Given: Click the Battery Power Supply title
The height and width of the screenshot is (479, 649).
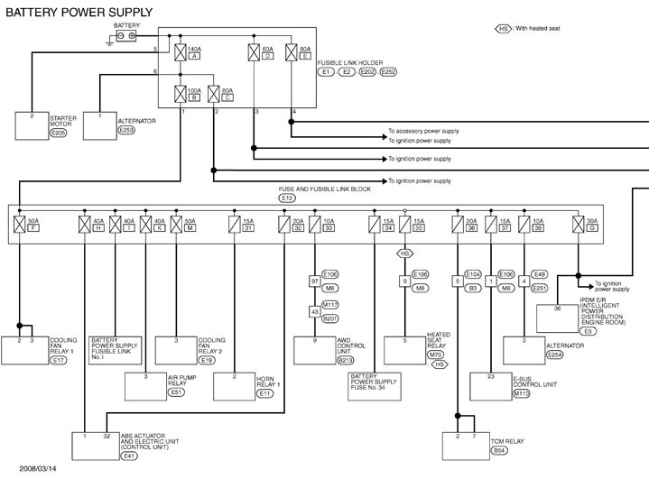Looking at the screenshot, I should point(79,12).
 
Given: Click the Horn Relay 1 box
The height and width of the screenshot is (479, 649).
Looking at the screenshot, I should point(247,384).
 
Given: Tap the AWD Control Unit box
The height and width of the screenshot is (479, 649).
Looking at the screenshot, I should point(332,350).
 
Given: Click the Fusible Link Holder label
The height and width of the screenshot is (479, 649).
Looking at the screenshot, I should point(351,62).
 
